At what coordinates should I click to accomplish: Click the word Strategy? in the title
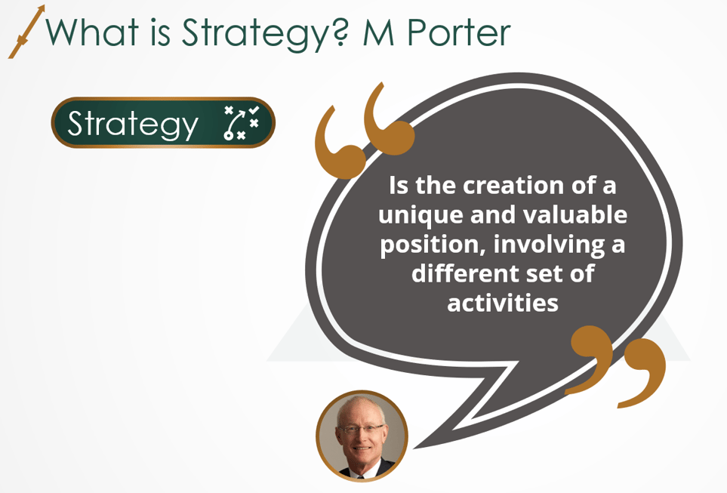click(x=261, y=33)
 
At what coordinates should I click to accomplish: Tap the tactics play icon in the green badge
click(x=242, y=124)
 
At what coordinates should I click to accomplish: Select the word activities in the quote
click(x=502, y=302)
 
